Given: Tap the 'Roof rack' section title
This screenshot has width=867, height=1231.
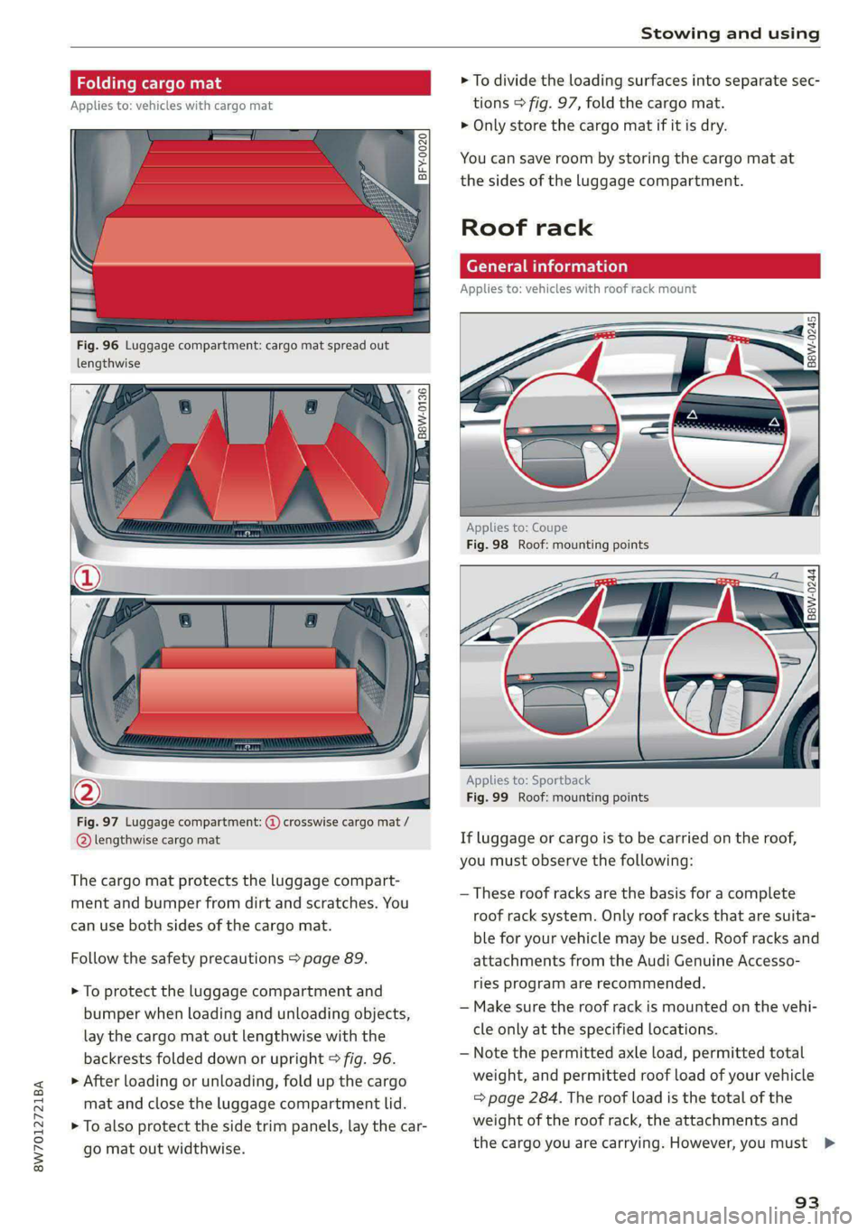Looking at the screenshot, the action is coord(527,228).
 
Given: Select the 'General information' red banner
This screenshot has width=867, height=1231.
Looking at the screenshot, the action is coord(640,266).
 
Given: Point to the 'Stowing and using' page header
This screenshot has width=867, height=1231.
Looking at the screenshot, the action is coord(731,33).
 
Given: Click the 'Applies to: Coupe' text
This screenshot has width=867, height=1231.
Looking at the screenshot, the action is coord(517,527).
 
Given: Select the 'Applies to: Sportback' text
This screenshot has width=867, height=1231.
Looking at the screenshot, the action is coord(528,779).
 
